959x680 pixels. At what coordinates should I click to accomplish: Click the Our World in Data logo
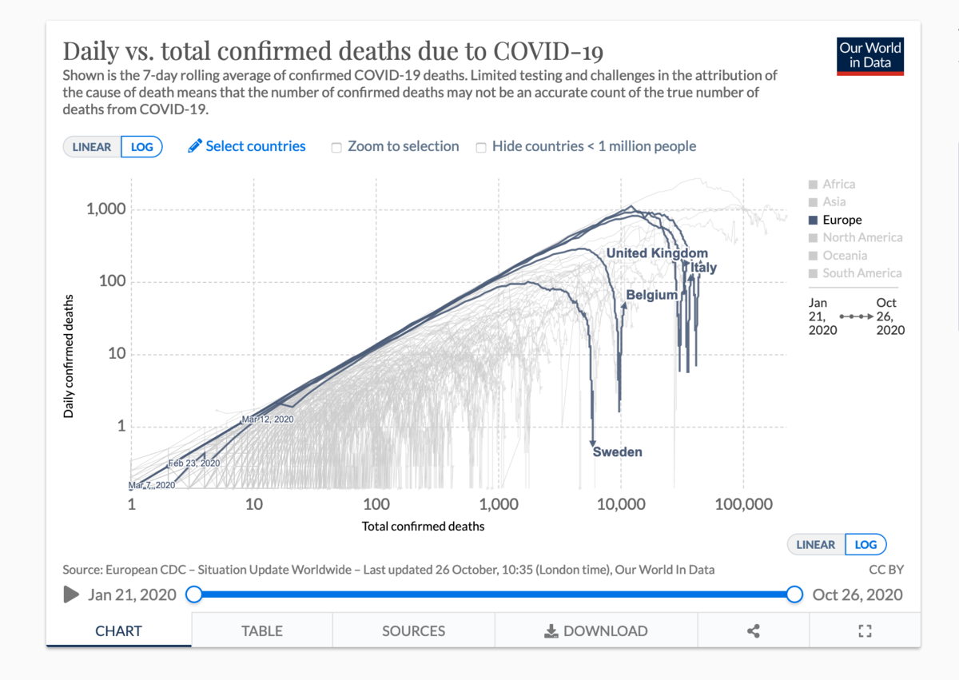pos(869,55)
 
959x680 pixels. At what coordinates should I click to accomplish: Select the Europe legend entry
pos(842,220)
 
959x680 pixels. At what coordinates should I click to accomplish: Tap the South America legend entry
pos(862,273)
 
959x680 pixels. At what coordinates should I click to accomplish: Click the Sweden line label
pos(617,452)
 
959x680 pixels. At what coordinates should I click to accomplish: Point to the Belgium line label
pos(651,295)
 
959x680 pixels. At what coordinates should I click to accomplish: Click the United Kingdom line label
pos(657,253)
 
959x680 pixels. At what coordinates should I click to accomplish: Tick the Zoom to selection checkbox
pos(336,147)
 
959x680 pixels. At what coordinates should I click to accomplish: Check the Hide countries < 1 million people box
pos(481,147)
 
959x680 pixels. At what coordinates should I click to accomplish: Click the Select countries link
pos(247,146)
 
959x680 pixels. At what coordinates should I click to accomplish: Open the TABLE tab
pos(262,630)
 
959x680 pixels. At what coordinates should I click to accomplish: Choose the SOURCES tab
pos(413,630)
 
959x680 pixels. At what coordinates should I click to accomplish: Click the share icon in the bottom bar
pos(753,631)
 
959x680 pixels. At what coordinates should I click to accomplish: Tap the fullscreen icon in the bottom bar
pos(865,631)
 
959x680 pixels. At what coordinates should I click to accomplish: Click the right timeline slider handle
pos(794,595)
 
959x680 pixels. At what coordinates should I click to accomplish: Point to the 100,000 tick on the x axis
pos(743,505)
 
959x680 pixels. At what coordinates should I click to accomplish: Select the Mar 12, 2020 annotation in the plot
pos(268,419)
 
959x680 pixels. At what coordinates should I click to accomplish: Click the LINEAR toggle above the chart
pos(92,147)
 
